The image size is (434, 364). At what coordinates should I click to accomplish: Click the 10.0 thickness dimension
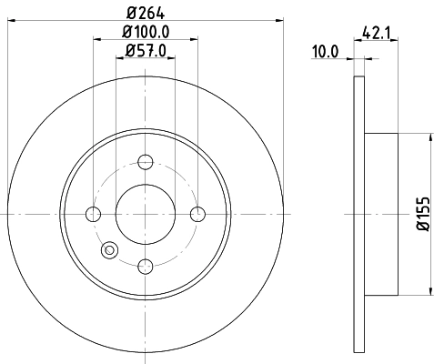pyautogui.click(x=326, y=52)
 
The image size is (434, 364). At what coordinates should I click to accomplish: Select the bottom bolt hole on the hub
pyautogui.click(x=146, y=266)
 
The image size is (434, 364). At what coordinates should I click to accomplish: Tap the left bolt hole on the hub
pyautogui.click(x=93, y=214)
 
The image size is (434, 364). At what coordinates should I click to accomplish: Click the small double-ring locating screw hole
pyautogui.click(x=111, y=248)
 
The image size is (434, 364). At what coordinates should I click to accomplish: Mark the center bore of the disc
pyautogui.click(x=146, y=214)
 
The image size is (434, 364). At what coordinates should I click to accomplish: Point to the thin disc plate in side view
pyautogui.click(x=357, y=214)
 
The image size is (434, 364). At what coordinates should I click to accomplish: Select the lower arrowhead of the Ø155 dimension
pyautogui.click(x=429, y=291)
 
